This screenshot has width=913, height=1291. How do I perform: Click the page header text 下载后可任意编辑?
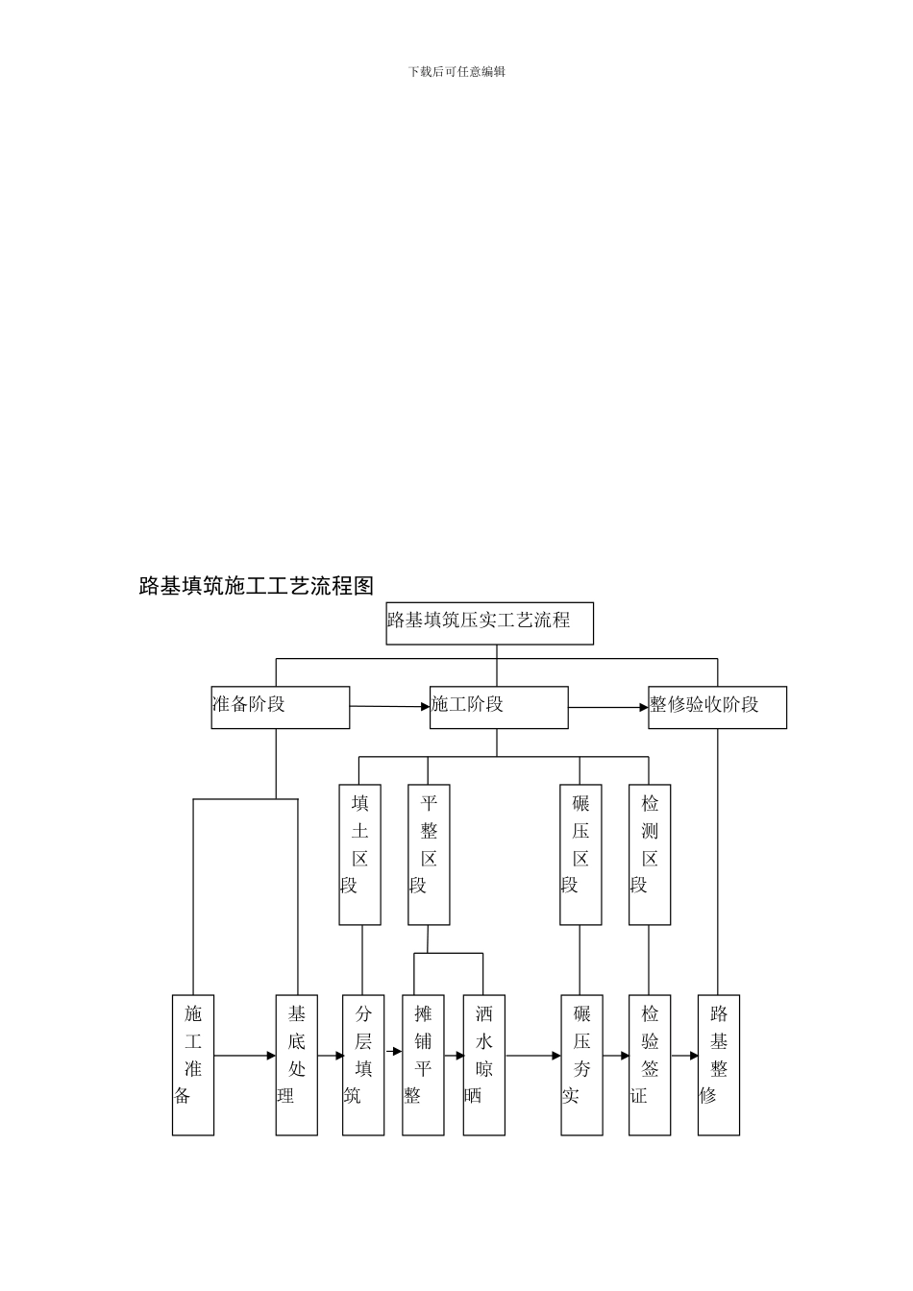[x=456, y=71]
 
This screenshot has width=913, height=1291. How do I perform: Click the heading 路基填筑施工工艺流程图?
[x=256, y=586]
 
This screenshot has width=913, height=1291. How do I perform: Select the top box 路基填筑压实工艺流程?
[x=489, y=622]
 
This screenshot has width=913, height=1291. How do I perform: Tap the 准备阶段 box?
[x=280, y=707]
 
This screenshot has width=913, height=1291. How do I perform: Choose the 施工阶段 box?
[x=498, y=707]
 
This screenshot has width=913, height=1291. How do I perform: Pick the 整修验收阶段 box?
[x=717, y=707]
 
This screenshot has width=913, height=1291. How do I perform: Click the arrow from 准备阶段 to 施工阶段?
[x=389, y=707]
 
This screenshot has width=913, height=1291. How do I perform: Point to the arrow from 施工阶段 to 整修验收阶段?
[x=608, y=708]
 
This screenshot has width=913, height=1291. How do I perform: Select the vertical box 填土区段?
[x=359, y=855]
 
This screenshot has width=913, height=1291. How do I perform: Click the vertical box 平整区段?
[x=429, y=855]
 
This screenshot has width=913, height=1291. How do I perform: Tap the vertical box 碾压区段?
[x=580, y=855]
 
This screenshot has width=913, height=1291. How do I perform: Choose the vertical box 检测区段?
[x=650, y=855]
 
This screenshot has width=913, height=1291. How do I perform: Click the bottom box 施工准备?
[x=193, y=1064]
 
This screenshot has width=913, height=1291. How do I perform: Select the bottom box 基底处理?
[x=296, y=1064]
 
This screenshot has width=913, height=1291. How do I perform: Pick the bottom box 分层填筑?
[x=363, y=1064]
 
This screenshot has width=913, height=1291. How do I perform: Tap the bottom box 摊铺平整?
[x=423, y=1064]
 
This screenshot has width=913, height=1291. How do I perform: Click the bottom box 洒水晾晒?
[x=483, y=1064]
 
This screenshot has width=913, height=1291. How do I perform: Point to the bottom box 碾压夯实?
[x=581, y=1064]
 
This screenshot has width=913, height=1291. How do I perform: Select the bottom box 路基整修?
[x=719, y=1064]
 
